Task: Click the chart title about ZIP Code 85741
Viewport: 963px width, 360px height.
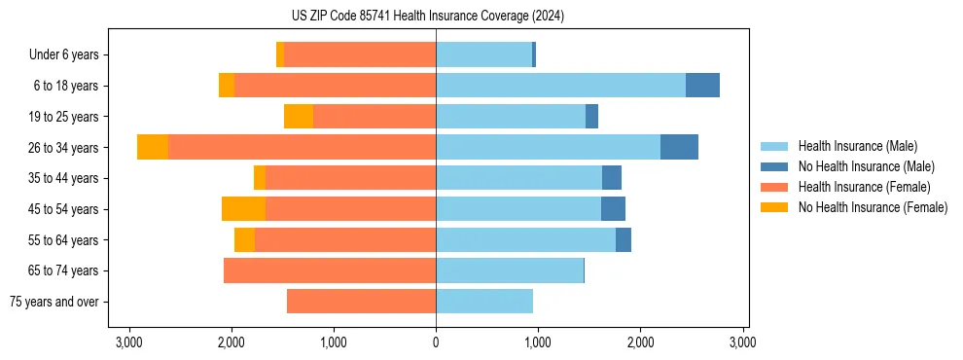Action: click(435, 17)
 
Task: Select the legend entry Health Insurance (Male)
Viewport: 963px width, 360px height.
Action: click(857, 146)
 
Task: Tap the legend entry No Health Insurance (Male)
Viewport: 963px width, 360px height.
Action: click(866, 166)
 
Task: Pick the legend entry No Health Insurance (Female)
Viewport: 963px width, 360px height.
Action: click(873, 207)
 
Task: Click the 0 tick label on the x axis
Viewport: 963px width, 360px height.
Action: click(436, 342)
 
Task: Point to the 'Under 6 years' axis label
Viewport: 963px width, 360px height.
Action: click(63, 54)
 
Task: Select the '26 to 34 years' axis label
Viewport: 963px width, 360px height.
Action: click(63, 147)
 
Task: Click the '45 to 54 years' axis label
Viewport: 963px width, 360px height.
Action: click(63, 209)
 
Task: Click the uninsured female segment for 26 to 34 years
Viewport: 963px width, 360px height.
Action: click(153, 147)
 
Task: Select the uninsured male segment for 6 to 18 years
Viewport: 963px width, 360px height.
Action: click(702, 86)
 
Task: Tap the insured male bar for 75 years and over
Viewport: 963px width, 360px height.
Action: click(484, 302)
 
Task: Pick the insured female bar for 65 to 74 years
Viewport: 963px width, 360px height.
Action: click(330, 270)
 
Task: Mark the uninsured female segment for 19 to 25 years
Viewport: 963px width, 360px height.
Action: click(299, 117)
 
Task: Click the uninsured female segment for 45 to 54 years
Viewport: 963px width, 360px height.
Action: click(243, 209)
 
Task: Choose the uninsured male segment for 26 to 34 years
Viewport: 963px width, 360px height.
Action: click(679, 147)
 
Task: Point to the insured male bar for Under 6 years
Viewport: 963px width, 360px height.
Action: click(483, 54)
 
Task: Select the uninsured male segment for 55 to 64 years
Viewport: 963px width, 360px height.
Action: click(624, 239)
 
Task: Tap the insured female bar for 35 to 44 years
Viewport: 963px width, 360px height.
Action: click(350, 178)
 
